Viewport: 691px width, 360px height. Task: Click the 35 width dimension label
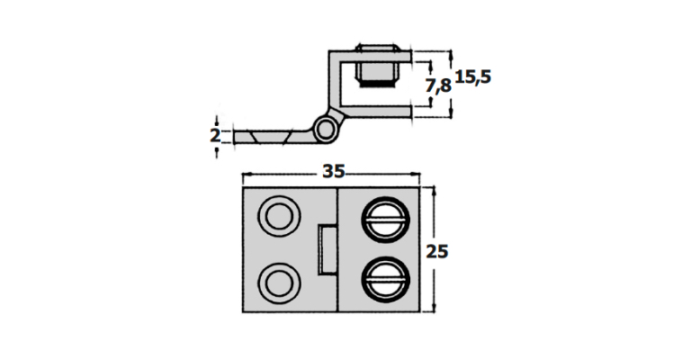pyautogui.click(x=334, y=171)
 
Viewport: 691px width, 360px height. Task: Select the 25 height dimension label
pyautogui.click(x=436, y=252)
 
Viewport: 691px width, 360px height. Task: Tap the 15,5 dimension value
pyautogui.click(x=473, y=77)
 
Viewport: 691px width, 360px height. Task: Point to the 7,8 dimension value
pyautogui.click(x=438, y=85)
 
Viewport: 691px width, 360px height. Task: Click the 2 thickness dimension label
pyautogui.click(x=215, y=136)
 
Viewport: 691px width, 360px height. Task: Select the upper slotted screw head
pyautogui.click(x=386, y=220)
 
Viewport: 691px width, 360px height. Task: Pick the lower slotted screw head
pyautogui.click(x=386, y=279)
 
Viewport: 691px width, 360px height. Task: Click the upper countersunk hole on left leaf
pyautogui.click(x=279, y=217)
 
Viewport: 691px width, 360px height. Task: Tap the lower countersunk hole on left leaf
pyautogui.click(x=279, y=283)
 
